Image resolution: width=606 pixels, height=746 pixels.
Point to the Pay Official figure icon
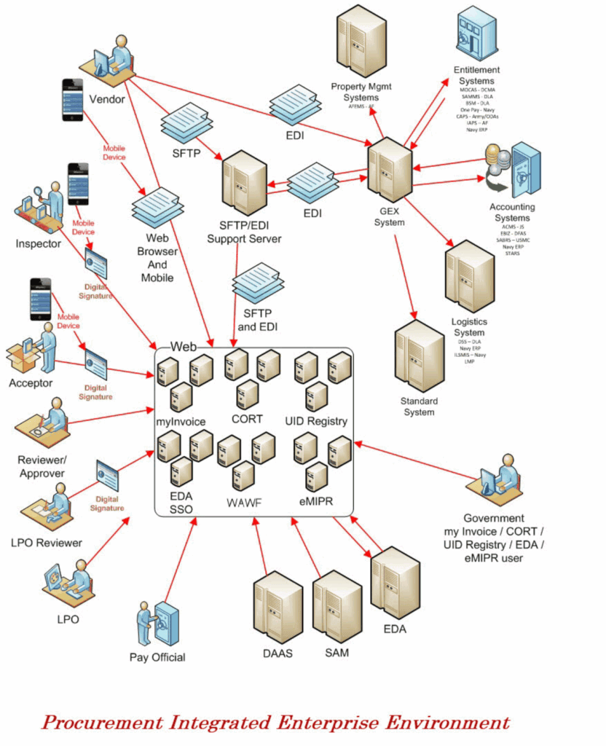(157, 624)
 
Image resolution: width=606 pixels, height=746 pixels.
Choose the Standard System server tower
(419, 356)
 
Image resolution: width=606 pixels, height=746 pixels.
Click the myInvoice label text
(181, 422)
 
